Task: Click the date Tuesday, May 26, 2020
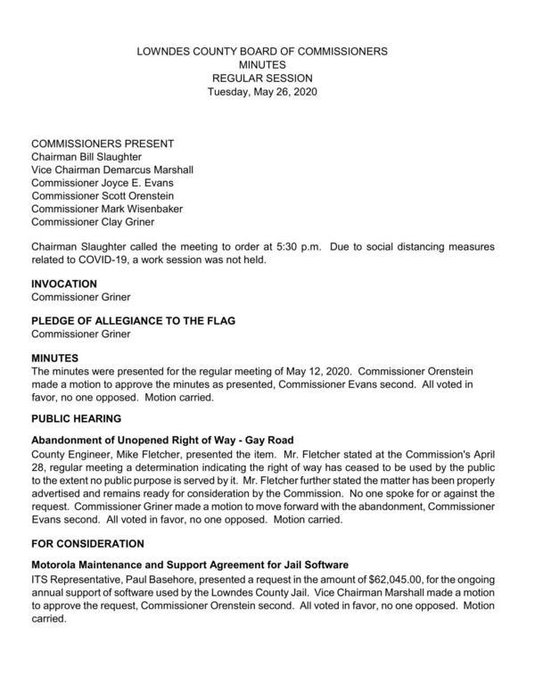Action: (263, 92)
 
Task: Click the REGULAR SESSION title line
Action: (263, 78)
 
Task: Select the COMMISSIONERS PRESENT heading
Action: (103, 144)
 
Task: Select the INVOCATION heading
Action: (64, 284)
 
